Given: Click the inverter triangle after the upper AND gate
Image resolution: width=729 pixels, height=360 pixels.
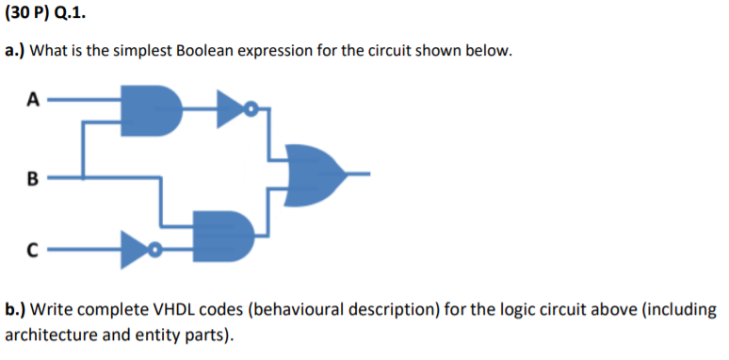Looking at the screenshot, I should click(229, 109).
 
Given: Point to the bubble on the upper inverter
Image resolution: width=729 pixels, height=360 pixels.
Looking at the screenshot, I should click(251, 110).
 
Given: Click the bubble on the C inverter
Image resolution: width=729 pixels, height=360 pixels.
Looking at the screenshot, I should click(157, 251).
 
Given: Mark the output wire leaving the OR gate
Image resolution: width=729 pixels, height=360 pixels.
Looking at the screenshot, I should click(358, 175).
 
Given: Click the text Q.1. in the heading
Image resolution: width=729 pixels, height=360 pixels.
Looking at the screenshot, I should click(77, 16).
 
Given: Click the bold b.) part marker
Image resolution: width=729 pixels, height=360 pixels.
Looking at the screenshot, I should click(16, 309).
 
